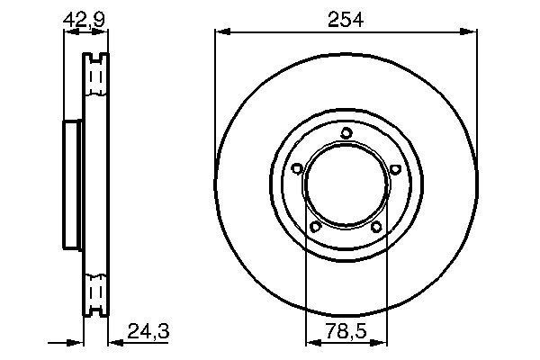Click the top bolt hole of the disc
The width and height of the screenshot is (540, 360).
[x=346, y=135]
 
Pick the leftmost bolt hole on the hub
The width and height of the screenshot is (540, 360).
[x=297, y=167]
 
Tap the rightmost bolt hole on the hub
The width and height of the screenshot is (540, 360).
[x=395, y=167]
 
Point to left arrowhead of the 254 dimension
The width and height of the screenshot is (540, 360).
[x=220, y=32]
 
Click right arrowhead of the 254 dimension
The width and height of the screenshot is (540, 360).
[x=472, y=32]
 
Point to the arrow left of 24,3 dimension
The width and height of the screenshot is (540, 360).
[x=76, y=342]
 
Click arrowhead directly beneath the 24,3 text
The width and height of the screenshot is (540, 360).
[x=114, y=342]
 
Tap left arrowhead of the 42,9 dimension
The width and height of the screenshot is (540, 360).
[x=67, y=32]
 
